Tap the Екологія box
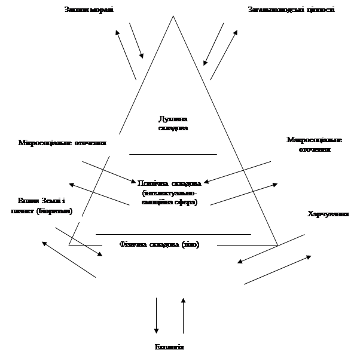click(x=170, y=349)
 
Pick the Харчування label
click(x=328, y=214)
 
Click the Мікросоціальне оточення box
click(x=63, y=144)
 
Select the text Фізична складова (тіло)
click(x=160, y=245)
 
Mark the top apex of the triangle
click(x=173, y=16)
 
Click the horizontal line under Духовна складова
click(x=173, y=154)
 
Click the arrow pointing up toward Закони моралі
click(x=126, y=54)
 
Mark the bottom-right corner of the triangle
click(x=277, y=245)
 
